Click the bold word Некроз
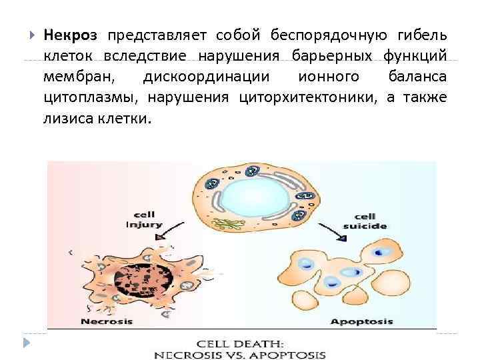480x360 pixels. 71,35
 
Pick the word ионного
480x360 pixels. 325,77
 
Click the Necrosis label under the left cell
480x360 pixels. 107,321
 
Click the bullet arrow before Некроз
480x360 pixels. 30,35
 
